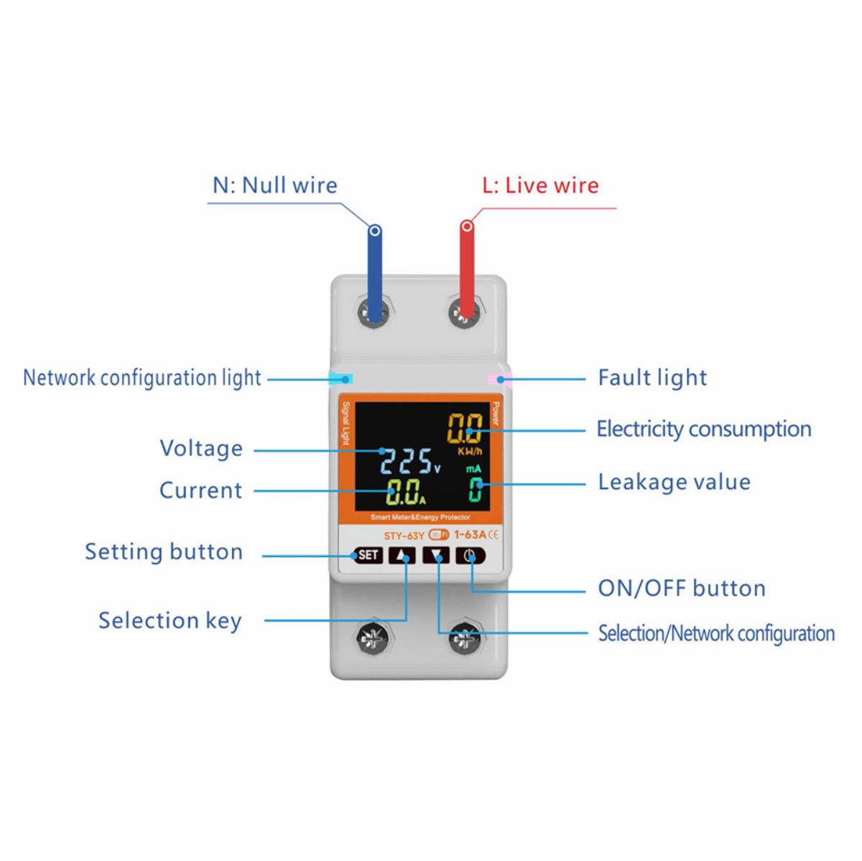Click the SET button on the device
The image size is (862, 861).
pyautogui.click(x=368, y=555)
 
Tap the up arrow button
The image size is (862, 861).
pyautogui.click(x=402, y=556)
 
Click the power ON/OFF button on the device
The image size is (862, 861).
pyautogui.click(x=470, y=556)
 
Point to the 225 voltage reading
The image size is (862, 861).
pyautogui.click(x=405, y=461)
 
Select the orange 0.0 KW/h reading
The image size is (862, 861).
pyautogui.click(x=465, y=428)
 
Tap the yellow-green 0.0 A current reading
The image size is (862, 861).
pyautogui.click(x=404, y=492)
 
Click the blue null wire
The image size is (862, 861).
pyautogui.click(x=375, y=272)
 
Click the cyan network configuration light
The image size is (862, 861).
pyautogui.click(x=341, y=379)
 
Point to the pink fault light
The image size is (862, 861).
pyautogui.click(x=499, y=379)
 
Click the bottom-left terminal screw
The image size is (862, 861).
pyautogui.click(x=375, y=638)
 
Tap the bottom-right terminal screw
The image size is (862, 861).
pyautogui.click(x=467, y=638)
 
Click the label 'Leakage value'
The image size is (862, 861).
pyautogui.click(x=675, y=482)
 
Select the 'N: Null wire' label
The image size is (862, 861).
pyautogui.click(x=274, y=185)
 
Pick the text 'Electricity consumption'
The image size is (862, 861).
pyautogui.click(x=704, y=429)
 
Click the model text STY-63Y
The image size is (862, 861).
pyautogui.click(x=404, y=536)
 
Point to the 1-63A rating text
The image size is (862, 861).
pyautogui.click(x=470, y=534)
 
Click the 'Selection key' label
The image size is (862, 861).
pyautogui.click(x=170, y=621)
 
